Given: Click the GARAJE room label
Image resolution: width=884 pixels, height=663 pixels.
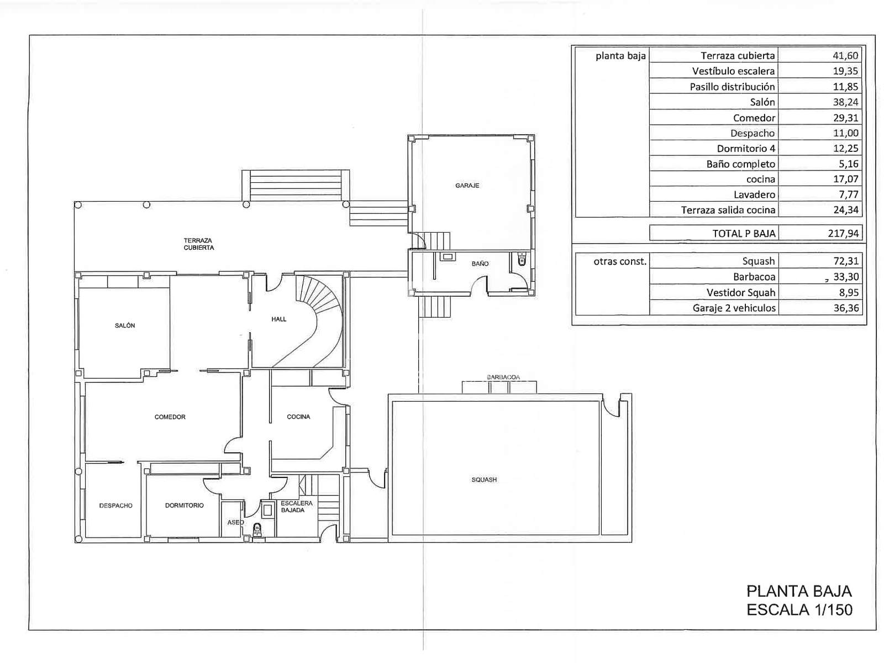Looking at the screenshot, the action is tap(467, 186).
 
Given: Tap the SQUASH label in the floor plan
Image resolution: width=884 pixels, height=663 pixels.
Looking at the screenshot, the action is tap(483, 480).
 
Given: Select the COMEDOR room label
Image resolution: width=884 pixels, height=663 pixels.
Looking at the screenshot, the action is tap(170, 417).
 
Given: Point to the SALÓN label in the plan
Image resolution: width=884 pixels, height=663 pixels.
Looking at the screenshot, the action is tap(125, 325).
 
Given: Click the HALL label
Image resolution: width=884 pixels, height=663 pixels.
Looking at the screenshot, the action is tap(278, 319).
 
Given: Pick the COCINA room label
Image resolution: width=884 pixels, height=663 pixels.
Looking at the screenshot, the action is tap(298, 417).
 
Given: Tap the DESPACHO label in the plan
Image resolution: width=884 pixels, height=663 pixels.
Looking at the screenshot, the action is tap(115, 505).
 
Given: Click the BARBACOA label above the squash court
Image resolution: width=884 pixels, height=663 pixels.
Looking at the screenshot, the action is tap(503, 377).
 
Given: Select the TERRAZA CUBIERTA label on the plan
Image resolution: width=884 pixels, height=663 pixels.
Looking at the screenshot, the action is tap(198, 244).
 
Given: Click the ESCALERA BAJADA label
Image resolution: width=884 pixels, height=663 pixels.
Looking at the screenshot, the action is tap(296, 507).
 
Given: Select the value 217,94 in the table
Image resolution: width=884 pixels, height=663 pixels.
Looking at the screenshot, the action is tap(843, 233).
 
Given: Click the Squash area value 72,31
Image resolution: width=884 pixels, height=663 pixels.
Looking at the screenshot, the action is tap(846, 261).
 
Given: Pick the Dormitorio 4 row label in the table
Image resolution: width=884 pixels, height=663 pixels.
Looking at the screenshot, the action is tap(746, 149).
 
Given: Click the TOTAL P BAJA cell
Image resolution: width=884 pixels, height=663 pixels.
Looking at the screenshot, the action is tap(744, 234).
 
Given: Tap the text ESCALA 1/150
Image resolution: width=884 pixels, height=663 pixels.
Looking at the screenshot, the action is tap(799, 610).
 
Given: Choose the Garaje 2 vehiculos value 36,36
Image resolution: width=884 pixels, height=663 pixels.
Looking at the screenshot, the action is tap(846, 308).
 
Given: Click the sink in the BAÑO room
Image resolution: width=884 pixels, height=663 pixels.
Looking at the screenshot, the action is tap(447, 256).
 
